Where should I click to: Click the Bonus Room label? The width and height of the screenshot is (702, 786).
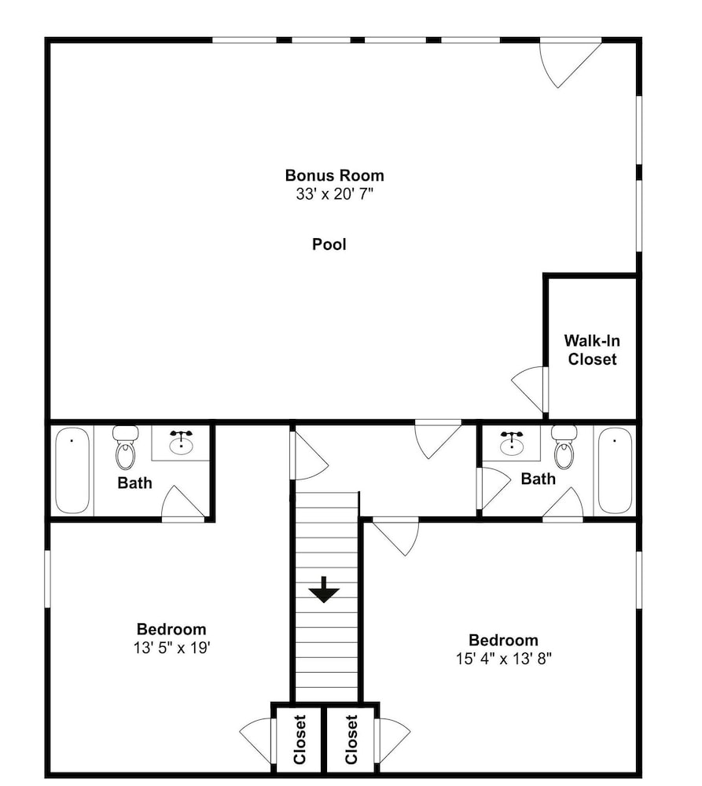pos(334,175)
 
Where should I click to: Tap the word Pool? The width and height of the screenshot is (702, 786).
pos(329,244)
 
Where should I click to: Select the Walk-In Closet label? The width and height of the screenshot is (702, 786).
pos(592,350)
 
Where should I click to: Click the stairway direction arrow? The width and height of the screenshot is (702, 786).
pos(324,589)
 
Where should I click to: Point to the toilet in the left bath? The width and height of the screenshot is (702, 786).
pos(125,447)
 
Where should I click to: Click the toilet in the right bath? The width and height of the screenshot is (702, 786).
pos(564,447)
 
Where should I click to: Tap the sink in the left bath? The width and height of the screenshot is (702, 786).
pos(181,442)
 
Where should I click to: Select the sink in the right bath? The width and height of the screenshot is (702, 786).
pos(512,442)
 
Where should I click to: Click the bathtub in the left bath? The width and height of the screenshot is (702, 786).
pos(72,470)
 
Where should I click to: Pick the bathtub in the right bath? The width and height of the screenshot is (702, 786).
pos(616,470)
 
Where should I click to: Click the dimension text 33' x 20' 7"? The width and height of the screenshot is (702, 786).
pos(334,194)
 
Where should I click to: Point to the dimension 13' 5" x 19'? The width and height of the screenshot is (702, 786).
pos(171,648)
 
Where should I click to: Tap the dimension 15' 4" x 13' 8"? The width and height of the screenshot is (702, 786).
pos(503,659)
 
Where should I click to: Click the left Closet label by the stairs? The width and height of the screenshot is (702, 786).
pos(300,740)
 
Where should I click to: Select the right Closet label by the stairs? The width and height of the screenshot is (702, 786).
pos(351,740)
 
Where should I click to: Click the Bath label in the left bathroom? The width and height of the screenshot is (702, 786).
pos(134,483)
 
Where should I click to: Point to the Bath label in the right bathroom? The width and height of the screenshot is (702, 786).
pos(538,479)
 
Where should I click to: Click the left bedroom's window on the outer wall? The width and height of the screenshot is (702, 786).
pos(48,579)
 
